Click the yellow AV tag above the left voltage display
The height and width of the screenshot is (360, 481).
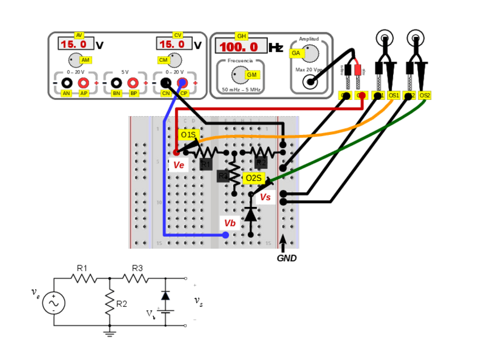(x=79, y=35)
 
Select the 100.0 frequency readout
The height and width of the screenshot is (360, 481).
(x=239, y=46)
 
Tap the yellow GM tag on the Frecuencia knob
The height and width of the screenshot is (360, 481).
(x=251, y=75)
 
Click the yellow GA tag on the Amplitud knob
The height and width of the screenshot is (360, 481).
(x=296, y=53)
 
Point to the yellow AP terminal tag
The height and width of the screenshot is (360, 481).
(x=84, y=93)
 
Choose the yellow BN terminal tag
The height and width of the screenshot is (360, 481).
(x=117, y=93)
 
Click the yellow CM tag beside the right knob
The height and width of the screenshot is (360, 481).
(x=163, y=60)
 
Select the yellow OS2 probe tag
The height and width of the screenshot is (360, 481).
(x=425, y=95)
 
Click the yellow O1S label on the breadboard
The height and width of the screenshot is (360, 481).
(x=188, y=135)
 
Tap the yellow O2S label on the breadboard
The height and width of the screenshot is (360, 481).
(x=253, y=179)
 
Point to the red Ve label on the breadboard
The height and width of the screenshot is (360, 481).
(x=179, y=165)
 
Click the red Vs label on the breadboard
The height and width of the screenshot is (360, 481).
(x=265, y=197)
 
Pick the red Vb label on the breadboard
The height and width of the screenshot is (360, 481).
(x=229, y=223)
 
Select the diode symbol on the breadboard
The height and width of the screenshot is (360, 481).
(x=250, y=214)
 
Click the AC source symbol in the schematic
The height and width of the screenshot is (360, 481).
(x=54, y=303)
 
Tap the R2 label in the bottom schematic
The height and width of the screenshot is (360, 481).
(x=121, y=304)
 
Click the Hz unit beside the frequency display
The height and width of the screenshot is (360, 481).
(x=276, y=48)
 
